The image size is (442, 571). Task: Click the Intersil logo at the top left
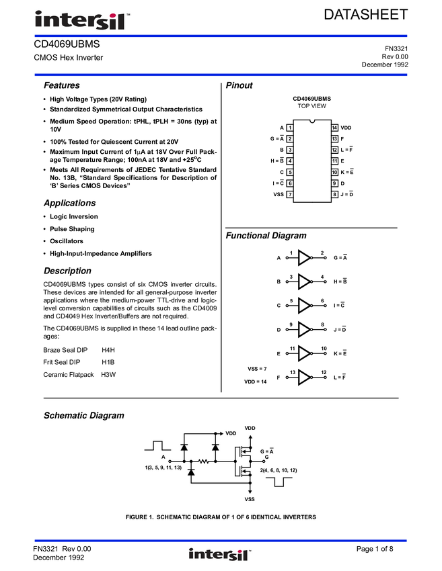[x=83, y=21]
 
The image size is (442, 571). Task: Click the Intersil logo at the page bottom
[x=220, y=555]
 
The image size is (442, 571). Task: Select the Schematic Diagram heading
[x=84, y=416]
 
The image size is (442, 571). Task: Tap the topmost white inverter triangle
[x=304, y=257]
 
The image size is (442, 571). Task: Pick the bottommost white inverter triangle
[x=304, y=378]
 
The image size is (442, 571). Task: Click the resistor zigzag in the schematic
[x=202, y=462]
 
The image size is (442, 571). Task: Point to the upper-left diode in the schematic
[x=184, y=447]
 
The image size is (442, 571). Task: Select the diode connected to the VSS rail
[x=191, y=473]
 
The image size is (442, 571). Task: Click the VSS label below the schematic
[x=250, y=499]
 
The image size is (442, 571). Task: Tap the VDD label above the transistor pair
[x=250, y=428]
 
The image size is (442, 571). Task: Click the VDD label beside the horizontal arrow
[x=231, y=434]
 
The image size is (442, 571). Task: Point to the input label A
[x=163, y=456]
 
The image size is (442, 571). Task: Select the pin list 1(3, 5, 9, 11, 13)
[x=163, y=467]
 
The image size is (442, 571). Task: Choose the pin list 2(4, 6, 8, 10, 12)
[x=279, y=470]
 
